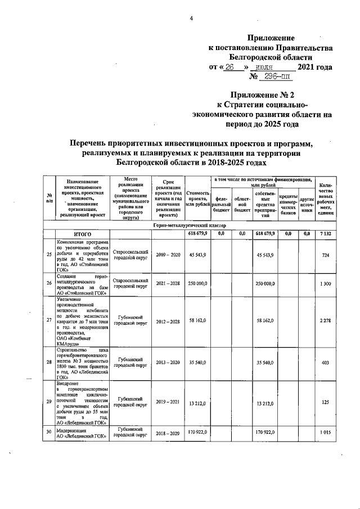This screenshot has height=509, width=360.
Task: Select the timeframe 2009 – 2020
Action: [168, 255]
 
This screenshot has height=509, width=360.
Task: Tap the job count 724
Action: [325, 255]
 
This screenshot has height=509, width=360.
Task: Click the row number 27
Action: [48, 320]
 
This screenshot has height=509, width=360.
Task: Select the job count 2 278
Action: [325, 320]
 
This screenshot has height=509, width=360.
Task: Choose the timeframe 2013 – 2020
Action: [168, 363]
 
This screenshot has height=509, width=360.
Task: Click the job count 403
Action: [325, 363]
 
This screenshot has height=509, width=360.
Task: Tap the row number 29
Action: [48, 403]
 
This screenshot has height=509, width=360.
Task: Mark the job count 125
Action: [325, 403]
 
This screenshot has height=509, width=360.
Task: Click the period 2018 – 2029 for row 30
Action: [168, 433]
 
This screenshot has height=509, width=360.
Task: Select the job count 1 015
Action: [325, 433]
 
